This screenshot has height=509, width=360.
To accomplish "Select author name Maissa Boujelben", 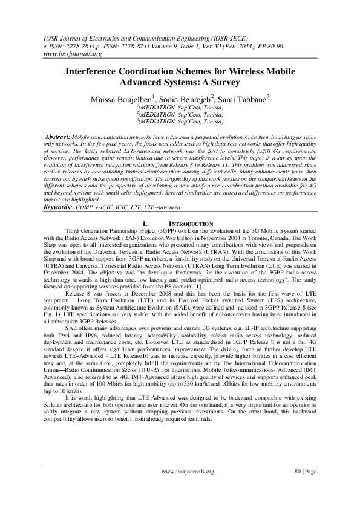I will point(122,98).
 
